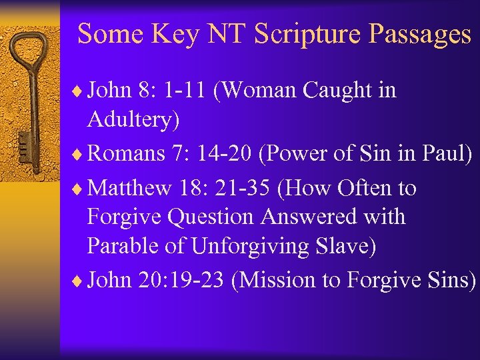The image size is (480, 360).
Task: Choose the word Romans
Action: (x=126, y=153)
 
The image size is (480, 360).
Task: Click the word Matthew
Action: (x=129, y=188)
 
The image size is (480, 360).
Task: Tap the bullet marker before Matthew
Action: (x=81, y=189)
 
